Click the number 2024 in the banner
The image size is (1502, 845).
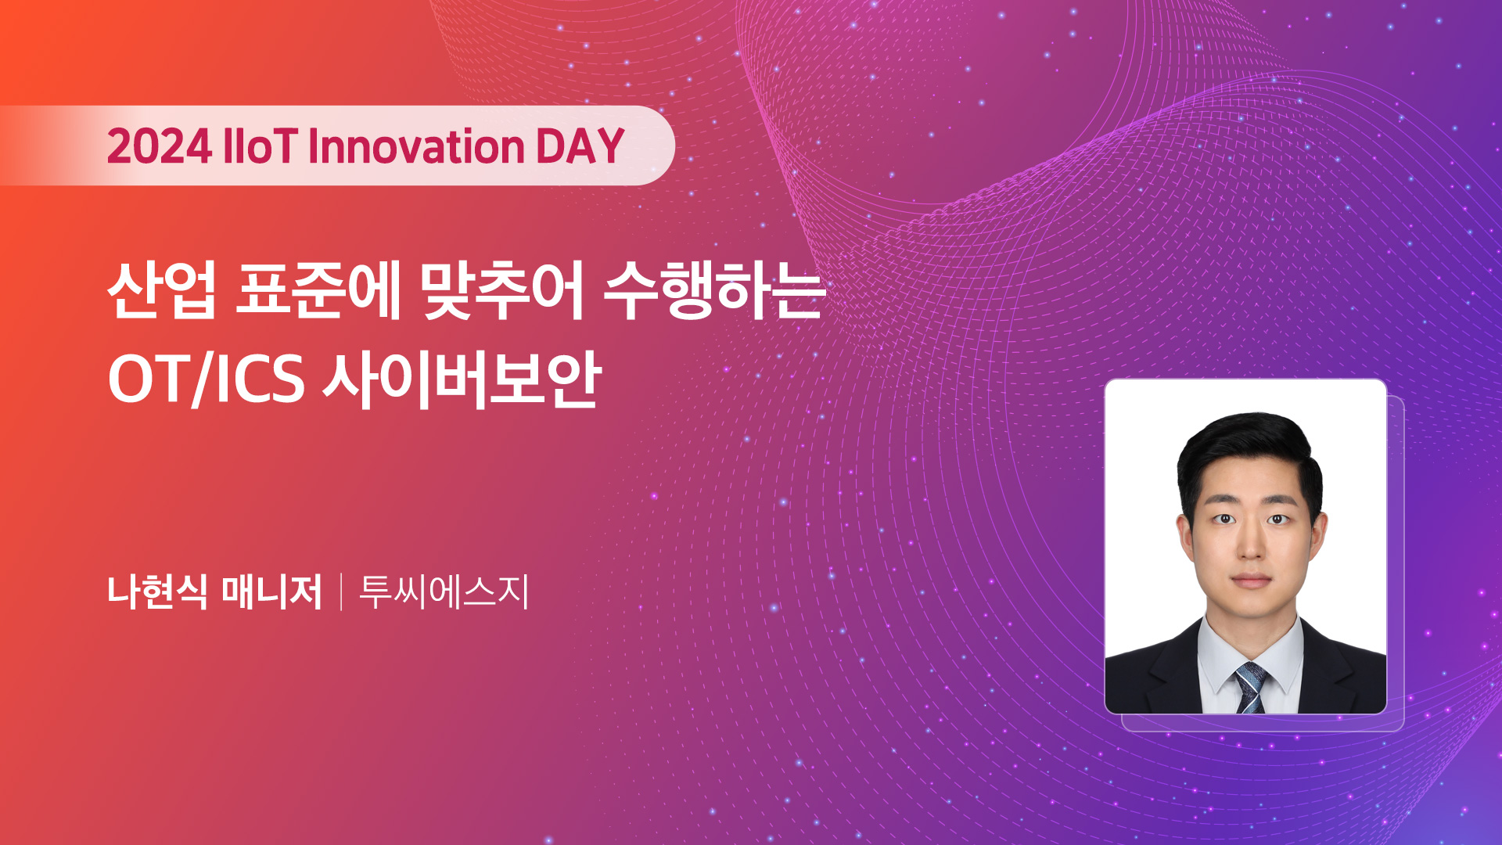[160, 146]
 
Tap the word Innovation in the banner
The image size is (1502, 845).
[417, 146]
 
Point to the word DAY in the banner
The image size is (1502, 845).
[580, 146]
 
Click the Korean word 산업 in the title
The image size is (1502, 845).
[161, 290]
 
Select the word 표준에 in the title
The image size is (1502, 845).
[318, 290]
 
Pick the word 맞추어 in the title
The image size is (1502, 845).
[502, 290]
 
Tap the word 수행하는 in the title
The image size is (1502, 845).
[714, 290]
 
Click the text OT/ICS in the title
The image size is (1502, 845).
[206, 379]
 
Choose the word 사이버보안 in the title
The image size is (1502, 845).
[462, 379]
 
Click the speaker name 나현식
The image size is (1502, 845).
[157, 591]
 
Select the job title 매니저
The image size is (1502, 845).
[271, 591]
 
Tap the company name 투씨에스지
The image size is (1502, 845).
[444, 591]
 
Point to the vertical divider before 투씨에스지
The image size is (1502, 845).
[342, 591]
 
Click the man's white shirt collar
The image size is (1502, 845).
[1250, 653]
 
